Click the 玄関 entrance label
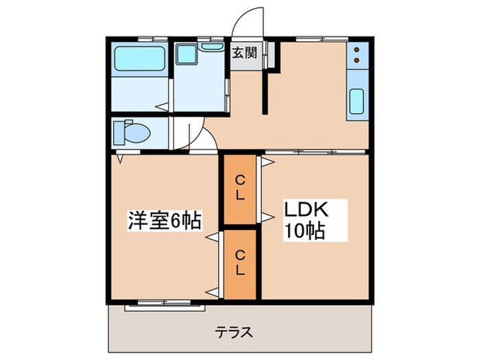pos(244,53)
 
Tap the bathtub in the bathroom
pos(139,58)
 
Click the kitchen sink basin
pos(357,101)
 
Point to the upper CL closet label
pos(240,187)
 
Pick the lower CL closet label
pos(240,263)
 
